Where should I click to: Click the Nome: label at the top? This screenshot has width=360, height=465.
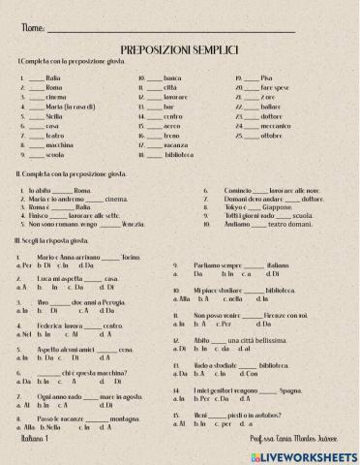pyautogui.click(x=31, y=29)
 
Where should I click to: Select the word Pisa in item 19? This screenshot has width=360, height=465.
pyautogui.click(x=267, y=77)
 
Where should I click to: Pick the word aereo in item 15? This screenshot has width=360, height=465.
pyautogui.click(x=172, y=126)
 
